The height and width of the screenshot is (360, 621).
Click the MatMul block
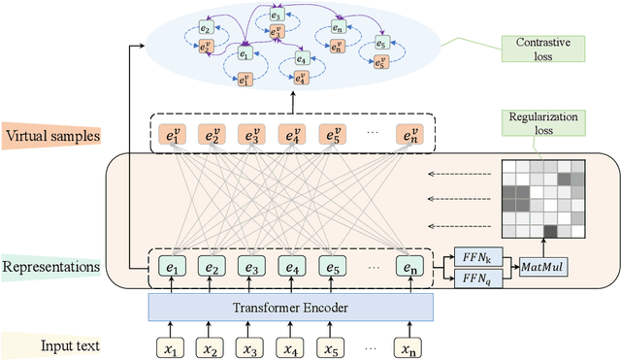tap(542, 266)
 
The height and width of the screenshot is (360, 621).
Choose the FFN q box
tap(474, 278)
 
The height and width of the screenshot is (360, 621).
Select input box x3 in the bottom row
tap(251, 344)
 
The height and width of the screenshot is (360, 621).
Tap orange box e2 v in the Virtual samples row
tap(210, 135)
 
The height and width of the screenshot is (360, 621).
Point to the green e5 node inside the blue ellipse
tap(380, 44)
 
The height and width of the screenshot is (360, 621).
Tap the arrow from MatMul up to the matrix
tap(543, 248)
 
